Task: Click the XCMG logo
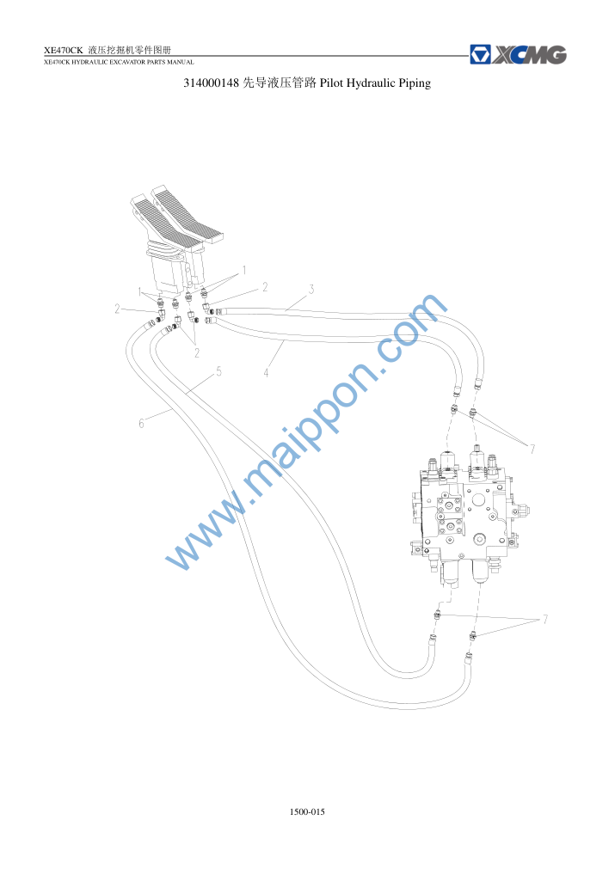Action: pyautogui.click(x=518, y=55)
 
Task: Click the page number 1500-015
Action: pyautogui.click(x=307, y=812)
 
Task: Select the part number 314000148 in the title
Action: pyautogui.click(x=211, y=83)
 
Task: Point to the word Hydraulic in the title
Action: pyautogui.click(x=371, y=83)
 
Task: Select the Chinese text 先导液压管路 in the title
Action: pyautogui.click(x=280, y=83)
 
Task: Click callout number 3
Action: pyautogui.click(x=311, y=290)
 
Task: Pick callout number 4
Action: pyautogui.click(x=266, y=373)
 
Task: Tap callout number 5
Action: pyautogui.click(x=218, y=371)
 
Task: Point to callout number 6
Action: pyautogui.click(x=141, y=424)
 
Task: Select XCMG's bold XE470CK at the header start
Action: pyautogui.click(x=63, y=51)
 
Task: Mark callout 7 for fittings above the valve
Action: pyautogui.click(x=532, y=449)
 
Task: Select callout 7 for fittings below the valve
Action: pyautogui.click(x=545, y=619)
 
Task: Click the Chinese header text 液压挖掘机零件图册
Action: pyautogui.click(x=130, y=51)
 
